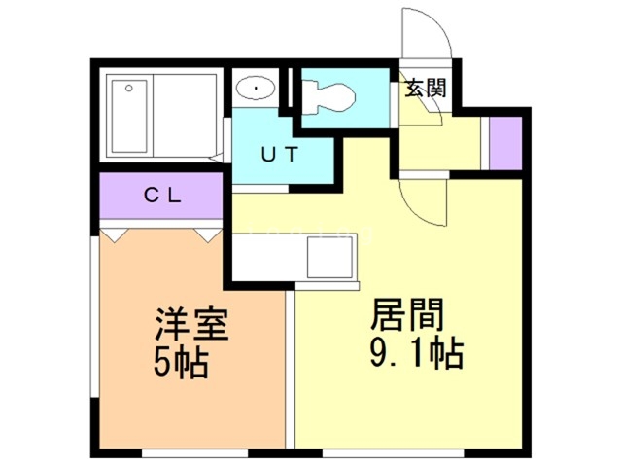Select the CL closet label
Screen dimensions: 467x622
tap(162, 194)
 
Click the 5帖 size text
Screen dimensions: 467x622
tap(181, 363)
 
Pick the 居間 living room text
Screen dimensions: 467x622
tap(405, 316)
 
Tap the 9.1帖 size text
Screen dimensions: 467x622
tap(416, 352)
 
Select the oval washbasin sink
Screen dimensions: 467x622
tap(255, 89)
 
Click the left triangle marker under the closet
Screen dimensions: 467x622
tap(116, 234)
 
